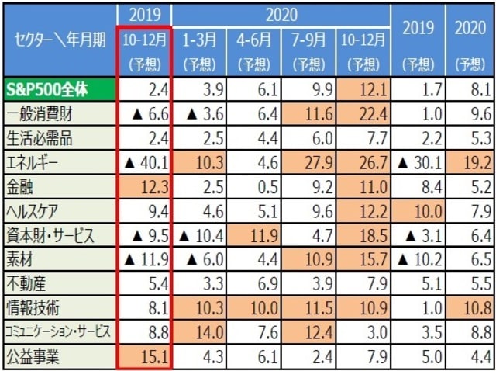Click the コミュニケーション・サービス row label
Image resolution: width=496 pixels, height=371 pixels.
tap(58, 332)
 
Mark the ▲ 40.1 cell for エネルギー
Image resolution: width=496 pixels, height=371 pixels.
tap(144, 164)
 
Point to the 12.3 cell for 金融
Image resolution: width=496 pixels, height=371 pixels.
tap(144, 188)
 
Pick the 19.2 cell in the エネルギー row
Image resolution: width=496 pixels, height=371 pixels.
tap(470, 164)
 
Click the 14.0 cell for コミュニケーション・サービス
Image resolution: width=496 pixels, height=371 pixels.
tap(199, 332)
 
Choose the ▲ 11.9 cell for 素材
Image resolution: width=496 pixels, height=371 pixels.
tap(144, 260)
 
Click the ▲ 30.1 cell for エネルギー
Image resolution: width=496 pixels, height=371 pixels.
tap(415, 164)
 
